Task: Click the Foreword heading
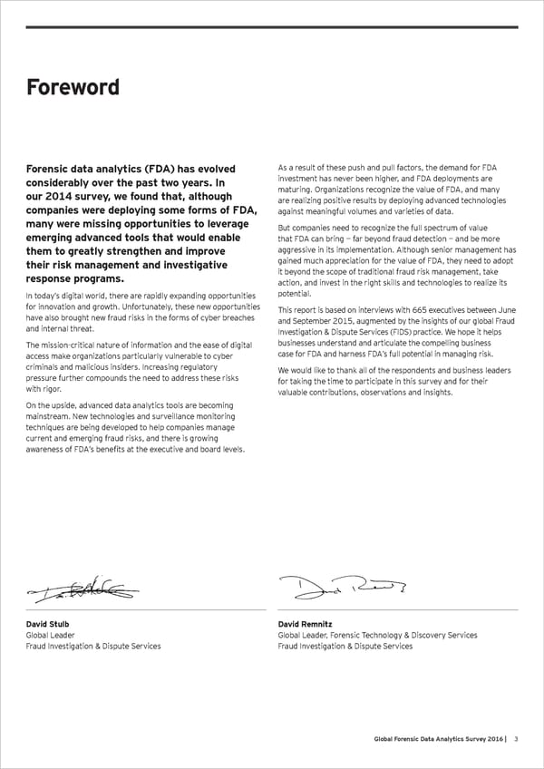pos(72,87)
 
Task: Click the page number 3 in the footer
pos(516,740)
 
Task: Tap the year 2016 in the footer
pos(488,740)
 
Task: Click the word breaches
pos(239,319)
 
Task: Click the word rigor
pos(51,388)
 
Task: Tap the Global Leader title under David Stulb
pos(51,635)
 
